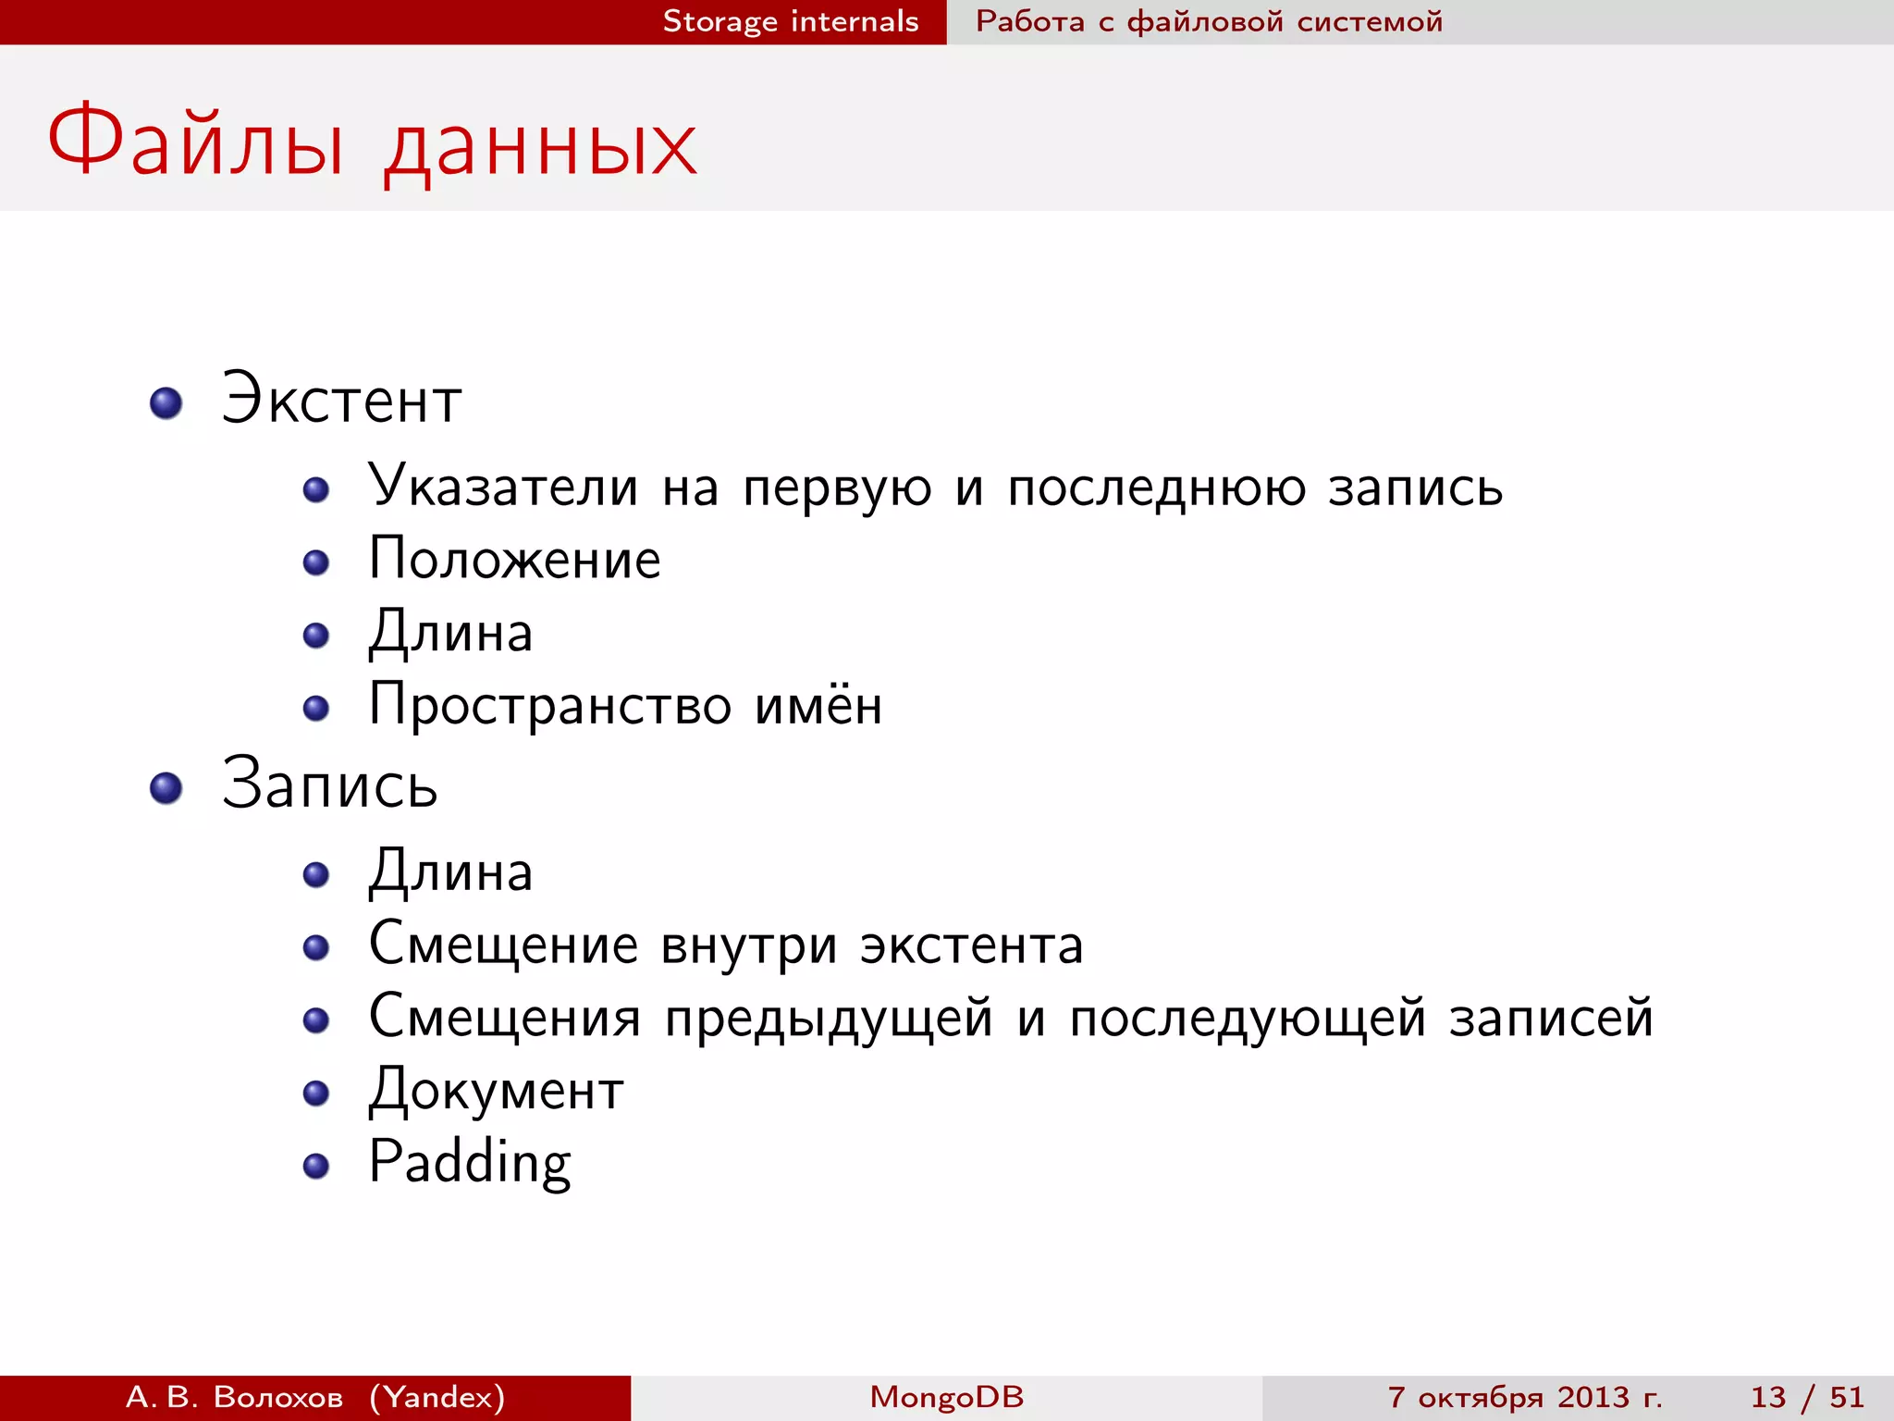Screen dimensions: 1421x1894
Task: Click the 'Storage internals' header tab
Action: pos(791,21)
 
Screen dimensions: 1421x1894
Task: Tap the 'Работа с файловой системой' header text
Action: pos(1209,21)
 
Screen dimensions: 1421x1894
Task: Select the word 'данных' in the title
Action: pos(541,148)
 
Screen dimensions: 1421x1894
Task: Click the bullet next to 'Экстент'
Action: pos(166,403)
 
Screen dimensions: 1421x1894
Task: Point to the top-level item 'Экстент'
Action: pos(341,400)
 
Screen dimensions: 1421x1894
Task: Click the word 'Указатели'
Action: pos(503,487)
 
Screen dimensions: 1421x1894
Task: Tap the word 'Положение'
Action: pos(514,560)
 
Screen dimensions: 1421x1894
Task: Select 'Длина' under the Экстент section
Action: pos(450,634)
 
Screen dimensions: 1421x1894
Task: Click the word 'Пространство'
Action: pos(549,707)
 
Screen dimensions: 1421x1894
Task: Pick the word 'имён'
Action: pos(818,705)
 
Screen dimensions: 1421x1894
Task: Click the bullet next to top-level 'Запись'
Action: pos(166,788)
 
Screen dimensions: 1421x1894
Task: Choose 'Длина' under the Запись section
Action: pos(450,872)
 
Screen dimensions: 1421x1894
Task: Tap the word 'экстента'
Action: pos(971,945)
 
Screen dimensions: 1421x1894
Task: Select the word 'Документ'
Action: pos(496,1092)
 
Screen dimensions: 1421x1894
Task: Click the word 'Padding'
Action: pos(470,1164)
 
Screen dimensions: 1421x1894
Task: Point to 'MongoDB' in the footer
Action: pos(947,1397)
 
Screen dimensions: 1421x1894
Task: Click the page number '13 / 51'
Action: pos(1806,1397)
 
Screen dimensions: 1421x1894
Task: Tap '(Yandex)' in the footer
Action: pos(437,1397)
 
